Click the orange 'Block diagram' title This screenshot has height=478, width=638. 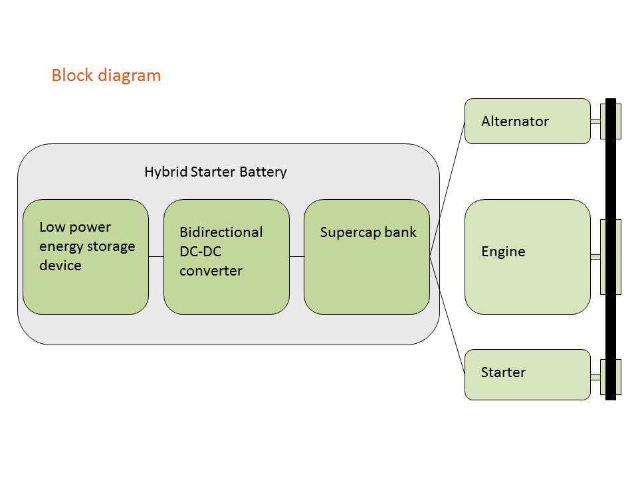[x=106, y=75]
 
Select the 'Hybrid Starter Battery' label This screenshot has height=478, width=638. [x=215, y=172]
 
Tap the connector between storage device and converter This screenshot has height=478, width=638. [x=156, y=256]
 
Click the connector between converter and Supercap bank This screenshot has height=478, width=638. [x=296, y=256]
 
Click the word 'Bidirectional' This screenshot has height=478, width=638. [x=221, y=232]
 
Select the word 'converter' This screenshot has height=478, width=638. [x=211, y=271]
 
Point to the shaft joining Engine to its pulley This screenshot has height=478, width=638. [x=595, y=257]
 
